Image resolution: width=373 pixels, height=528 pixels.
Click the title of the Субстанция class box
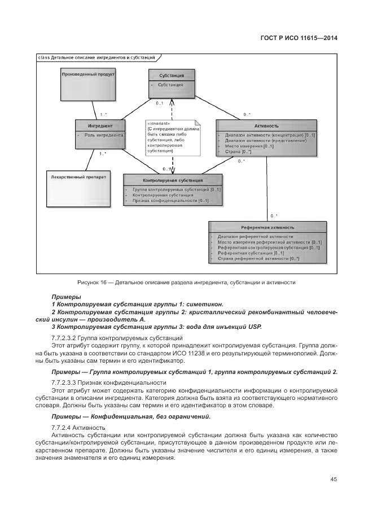[x=171, y=74]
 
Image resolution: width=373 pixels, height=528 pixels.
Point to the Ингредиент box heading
[x=100, y=125]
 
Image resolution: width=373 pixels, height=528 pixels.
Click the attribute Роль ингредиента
[x=103, y=135]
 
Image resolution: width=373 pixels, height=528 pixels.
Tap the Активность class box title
[x=266, y=126]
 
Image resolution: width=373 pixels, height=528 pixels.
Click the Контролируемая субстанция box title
[x=173, y=181]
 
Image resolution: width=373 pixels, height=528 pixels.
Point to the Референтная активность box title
[x=267, y=227]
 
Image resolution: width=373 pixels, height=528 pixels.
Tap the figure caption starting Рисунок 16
[x=186, y=282]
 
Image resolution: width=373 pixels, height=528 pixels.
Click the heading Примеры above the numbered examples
[x=66, y=296]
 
